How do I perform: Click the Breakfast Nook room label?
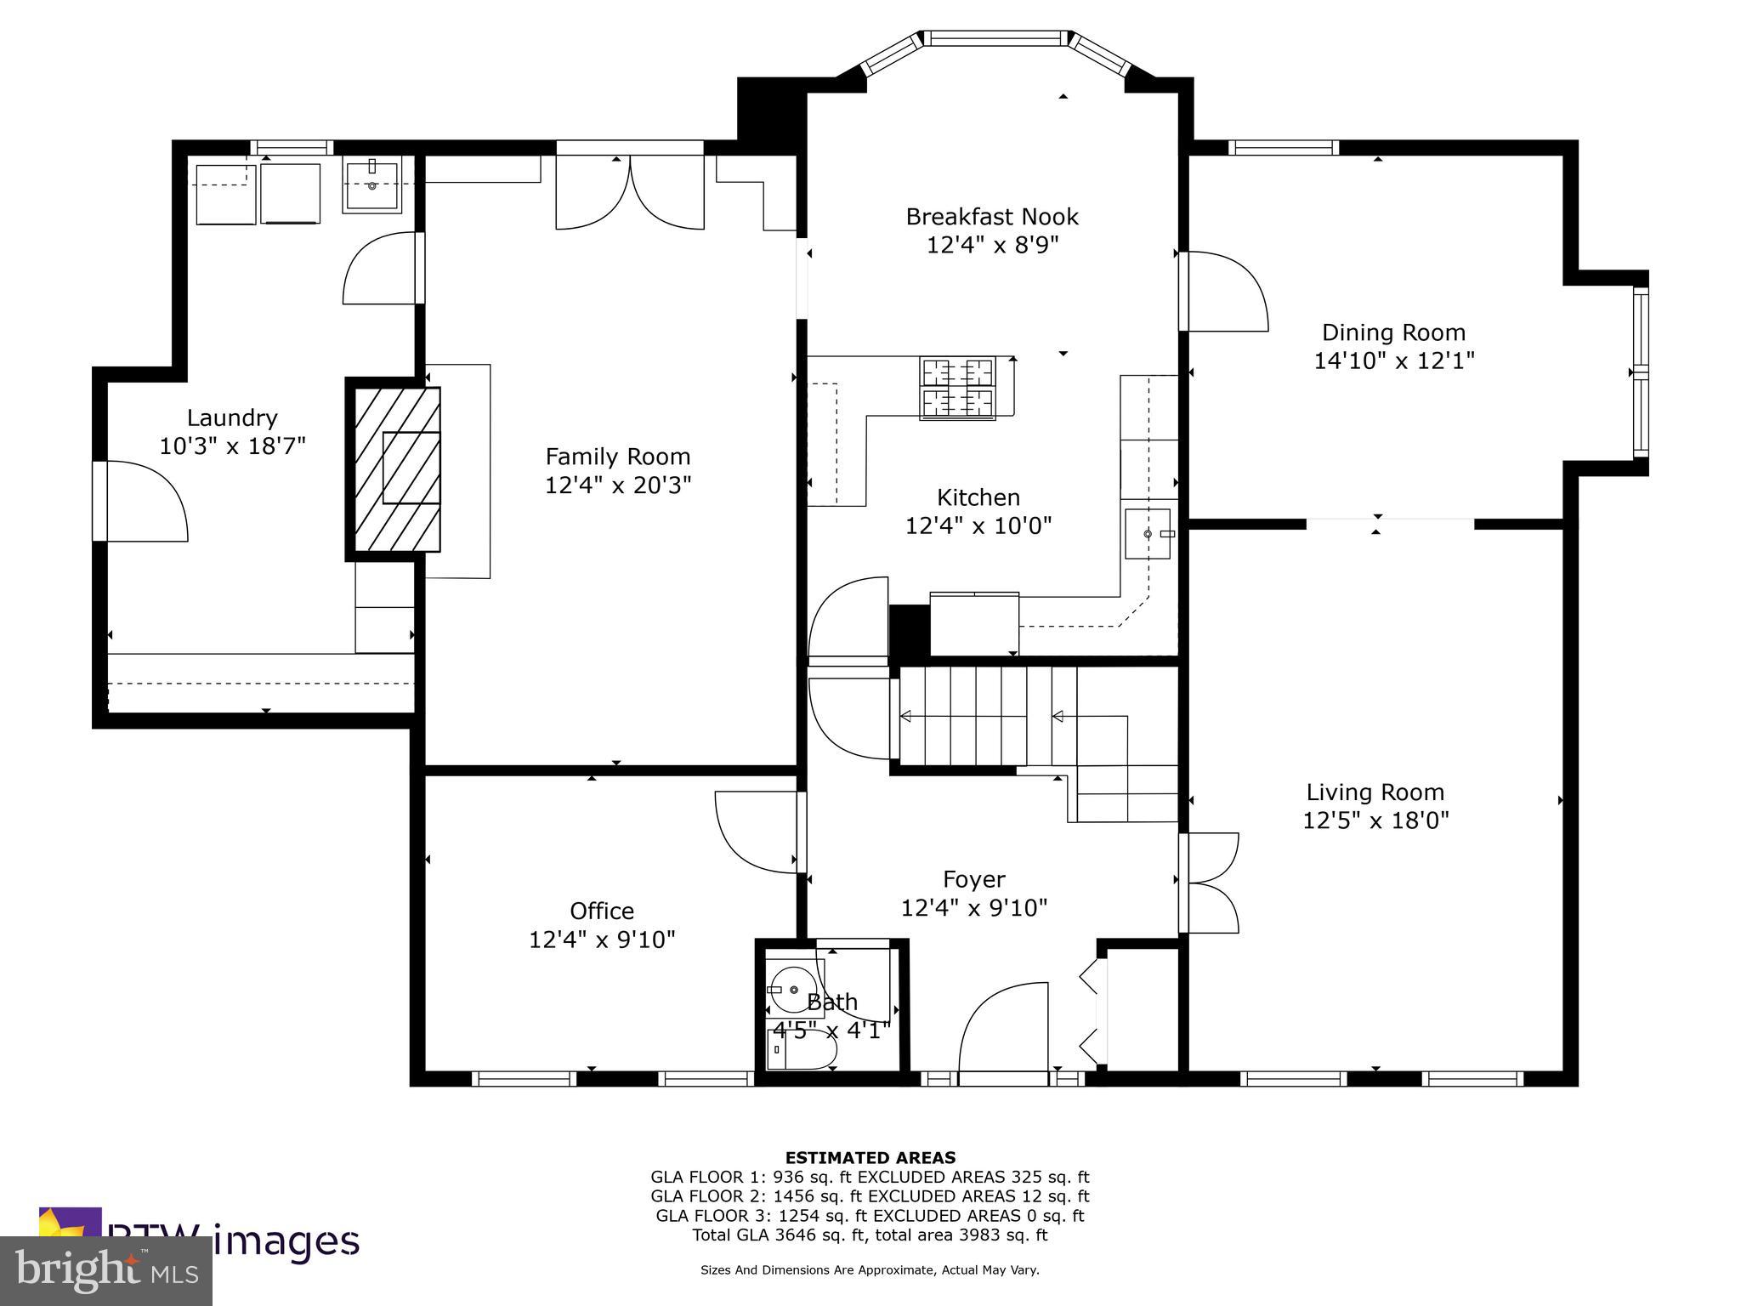(x=991, y=217)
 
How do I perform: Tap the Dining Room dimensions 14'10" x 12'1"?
(x=1393, y=361)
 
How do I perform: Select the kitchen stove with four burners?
(x=957, y=388)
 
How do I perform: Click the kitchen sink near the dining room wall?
(x=1147, y=533)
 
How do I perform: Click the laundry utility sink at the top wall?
(x=371, y=186)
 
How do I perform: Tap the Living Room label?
(x=1375, y=792)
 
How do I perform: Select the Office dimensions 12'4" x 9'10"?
(x=602, y=940)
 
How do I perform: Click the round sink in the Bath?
(x=792, y=990)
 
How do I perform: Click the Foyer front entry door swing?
(x=1003, y=1033)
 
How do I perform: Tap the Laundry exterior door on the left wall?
(x=140, y=501)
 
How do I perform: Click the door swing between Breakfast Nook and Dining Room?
(x=1224, y=292)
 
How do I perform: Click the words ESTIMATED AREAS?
(x=870, y=1157)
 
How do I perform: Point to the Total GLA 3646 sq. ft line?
(x=870, y=1235)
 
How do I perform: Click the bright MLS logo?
(x=105, y=1271)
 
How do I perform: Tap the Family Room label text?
(x=617, y=457)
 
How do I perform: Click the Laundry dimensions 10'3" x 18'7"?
(x=232, y=446)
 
